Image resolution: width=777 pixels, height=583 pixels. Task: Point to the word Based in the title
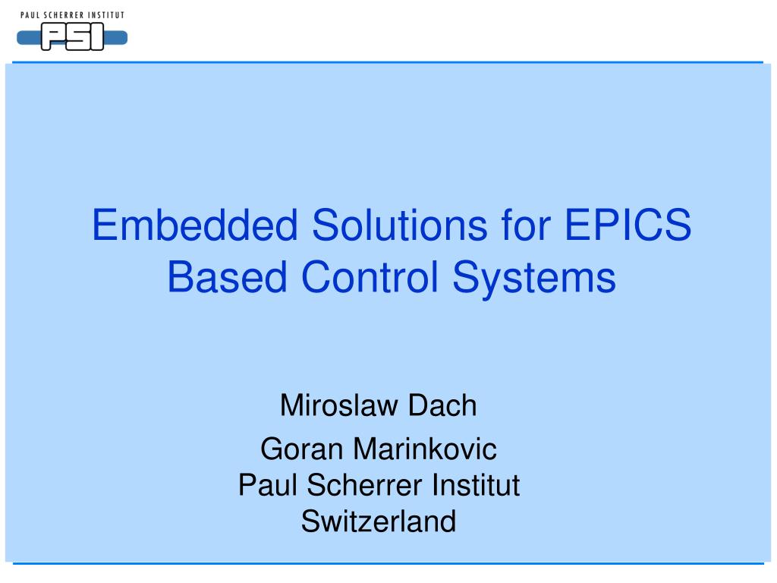227,277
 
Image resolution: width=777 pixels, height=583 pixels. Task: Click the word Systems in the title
535,277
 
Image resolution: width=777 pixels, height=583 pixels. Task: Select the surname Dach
442,405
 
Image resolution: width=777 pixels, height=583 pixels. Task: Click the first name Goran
301,449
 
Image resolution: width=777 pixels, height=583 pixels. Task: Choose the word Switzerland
379,522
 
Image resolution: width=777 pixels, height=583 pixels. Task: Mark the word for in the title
521,226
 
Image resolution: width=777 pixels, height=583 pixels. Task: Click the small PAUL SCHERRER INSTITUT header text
72,14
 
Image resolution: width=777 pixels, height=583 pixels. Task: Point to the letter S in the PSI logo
77,37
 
